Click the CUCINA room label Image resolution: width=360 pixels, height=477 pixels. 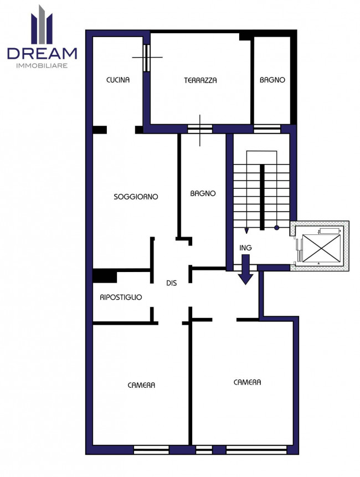117,80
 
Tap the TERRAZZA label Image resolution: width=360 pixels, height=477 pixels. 200,80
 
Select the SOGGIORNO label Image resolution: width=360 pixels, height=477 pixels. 136,197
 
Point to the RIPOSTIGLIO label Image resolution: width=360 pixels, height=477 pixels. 121,297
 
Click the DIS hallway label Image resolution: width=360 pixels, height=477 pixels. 172,283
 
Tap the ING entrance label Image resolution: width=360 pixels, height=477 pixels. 245,248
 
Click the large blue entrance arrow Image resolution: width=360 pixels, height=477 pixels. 245,270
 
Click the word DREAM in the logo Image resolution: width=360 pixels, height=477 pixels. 42,53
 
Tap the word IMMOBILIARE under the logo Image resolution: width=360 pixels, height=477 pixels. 42,66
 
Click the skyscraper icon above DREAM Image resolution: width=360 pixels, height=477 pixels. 42,24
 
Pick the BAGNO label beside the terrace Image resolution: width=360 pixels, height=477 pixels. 272,80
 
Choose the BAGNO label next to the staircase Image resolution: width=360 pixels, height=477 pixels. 203,193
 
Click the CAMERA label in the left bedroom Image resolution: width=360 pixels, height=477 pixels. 141,386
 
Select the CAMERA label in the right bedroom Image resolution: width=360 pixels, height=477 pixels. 247,382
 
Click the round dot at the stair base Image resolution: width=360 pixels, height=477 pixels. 276,227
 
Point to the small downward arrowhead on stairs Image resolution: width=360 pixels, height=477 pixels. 246,231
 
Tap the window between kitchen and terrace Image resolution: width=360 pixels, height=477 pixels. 147,58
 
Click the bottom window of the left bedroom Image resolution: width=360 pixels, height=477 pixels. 151,450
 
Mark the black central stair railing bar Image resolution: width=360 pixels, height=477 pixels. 262,197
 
